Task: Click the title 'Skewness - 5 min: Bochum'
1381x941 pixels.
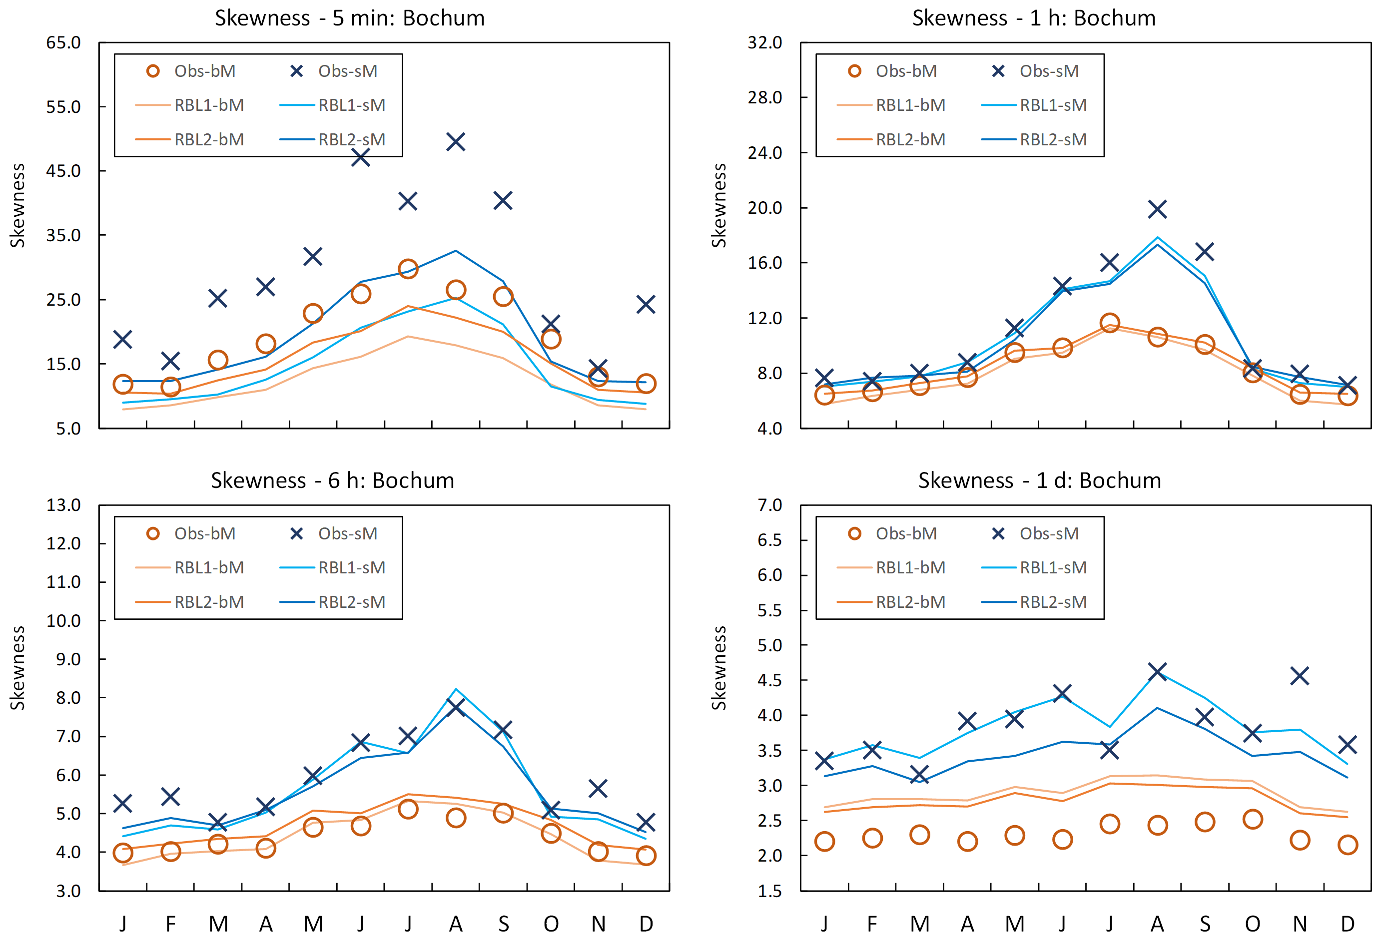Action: coord(349,18)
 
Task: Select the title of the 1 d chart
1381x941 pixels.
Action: coord(1039,480)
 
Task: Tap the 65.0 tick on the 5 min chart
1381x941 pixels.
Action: coord(63,43)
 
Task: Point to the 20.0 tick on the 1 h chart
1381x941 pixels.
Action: coord(765,208)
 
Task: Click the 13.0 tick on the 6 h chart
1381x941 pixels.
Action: coord(63,505)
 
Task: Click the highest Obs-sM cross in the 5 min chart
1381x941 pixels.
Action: coord(456,142)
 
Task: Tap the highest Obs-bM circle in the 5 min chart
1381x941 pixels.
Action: coord(408,269)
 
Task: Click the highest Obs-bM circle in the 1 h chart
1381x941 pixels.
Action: coord(1109,323)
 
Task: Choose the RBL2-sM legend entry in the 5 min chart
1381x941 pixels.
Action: coord(333,140)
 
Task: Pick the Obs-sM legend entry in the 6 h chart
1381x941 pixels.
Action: coord(334,533)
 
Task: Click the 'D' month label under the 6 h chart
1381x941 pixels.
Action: coord(646,925)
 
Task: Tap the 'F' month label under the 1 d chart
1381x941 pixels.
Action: coord(872,925)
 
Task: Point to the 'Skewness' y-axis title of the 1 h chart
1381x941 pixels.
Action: coord(719,206)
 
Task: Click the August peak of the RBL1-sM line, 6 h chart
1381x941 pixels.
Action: coord(456,689)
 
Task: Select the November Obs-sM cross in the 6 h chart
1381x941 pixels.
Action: coord(598,788)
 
